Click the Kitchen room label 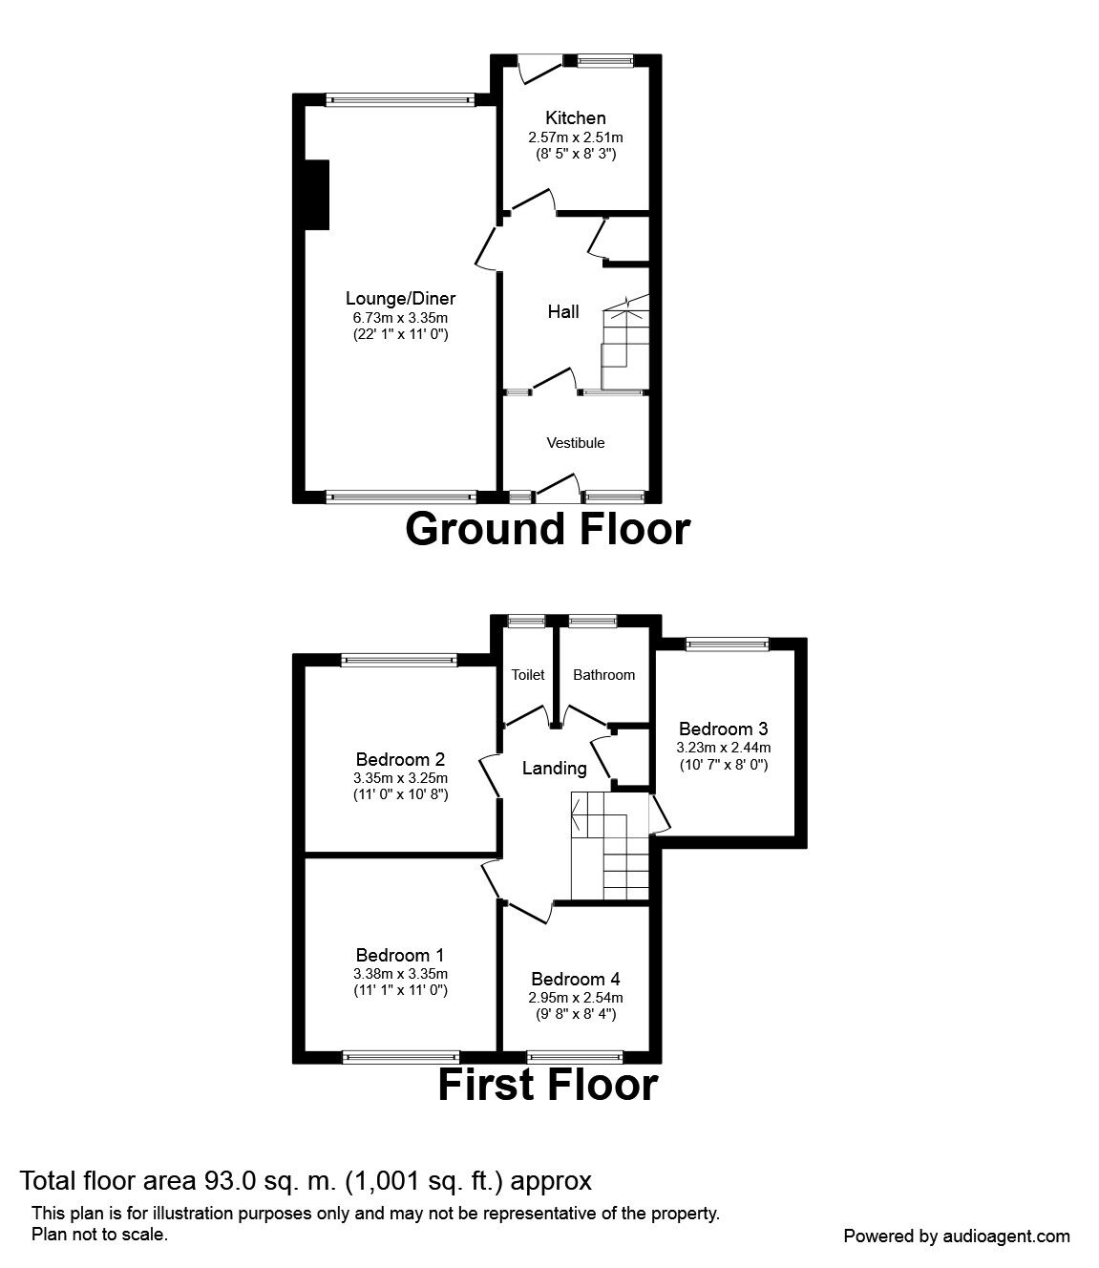[x=575, y=118]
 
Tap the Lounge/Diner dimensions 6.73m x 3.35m [x=400, y=317]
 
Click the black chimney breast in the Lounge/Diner [x=317, y=195]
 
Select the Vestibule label [x=575, y=443]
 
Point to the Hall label [x=562, y=311]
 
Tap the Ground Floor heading [x=547, y=529]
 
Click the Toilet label [x=527, y=675]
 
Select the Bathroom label [x=603, y=675]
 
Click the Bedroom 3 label [x=723, y=729]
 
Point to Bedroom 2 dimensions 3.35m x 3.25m [x=400, y=778]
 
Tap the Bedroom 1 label [x=400, y=955]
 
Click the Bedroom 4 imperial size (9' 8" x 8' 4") [x=576, y=1014]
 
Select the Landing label [x=554, y=768]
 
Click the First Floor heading [x=547, y=1086]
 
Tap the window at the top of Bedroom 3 [x=727, y=645]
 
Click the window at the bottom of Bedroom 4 [x=575, y=1057]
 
